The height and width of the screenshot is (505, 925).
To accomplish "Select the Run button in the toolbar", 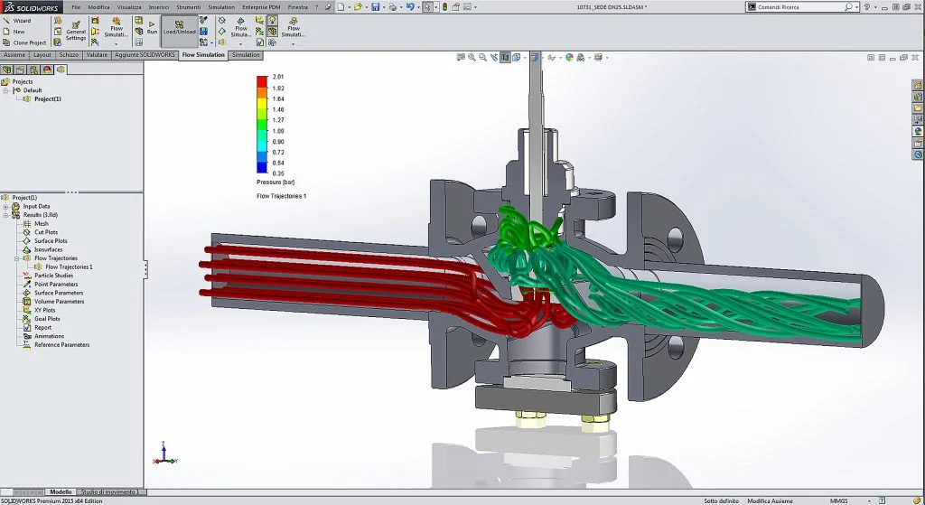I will click(x=152, y=26).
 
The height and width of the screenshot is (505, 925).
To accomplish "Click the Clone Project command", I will click(x=29, y=42).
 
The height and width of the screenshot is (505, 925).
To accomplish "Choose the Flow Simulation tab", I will click(x=203, y=55).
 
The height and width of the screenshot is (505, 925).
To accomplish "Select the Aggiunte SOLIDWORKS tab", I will click(x=145, y=55).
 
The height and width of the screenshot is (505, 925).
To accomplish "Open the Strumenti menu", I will click(x=188, y=7).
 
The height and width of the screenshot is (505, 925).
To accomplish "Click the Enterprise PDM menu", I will click(x=260, y=7).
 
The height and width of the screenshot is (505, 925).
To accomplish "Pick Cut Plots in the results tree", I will click(x=45, y=232).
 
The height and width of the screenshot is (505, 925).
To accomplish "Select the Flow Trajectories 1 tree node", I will click(x=69, y=267).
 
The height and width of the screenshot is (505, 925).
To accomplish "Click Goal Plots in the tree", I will click(x=47, y=319).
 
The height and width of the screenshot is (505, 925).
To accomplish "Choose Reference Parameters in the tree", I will click(x=61, y=345).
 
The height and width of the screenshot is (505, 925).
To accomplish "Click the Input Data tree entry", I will click(x=36, y=206).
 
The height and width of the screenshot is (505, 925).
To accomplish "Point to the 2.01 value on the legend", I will click(x=278, y=78).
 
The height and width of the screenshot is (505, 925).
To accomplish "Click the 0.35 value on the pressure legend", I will click(x=278, y=172).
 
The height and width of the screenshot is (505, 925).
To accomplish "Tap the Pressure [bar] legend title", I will click(x=276, y=182).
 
